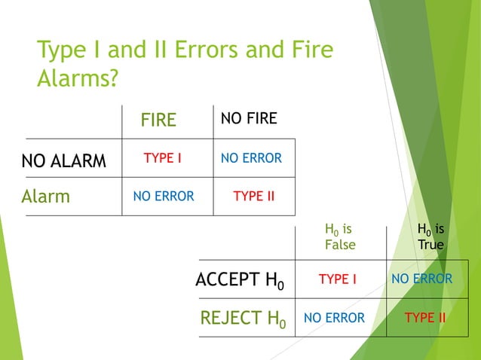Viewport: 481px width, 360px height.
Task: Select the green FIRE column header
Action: point(158,120)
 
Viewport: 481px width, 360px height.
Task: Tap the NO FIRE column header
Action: point(249,118)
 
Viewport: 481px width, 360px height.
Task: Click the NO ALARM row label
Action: point(64,160)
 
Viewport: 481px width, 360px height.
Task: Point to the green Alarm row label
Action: point(46,197)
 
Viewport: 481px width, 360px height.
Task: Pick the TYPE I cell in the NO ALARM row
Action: point(163,159)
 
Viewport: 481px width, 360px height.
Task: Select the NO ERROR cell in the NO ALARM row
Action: point(251,159)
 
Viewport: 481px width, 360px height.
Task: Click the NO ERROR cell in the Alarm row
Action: point(164,197)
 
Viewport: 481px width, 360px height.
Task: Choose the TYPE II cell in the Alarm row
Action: point(253,197)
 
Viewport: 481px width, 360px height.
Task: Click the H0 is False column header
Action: point(339,236)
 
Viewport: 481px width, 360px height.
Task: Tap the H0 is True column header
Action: point(430,236)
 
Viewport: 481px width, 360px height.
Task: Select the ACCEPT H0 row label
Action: point(240,280)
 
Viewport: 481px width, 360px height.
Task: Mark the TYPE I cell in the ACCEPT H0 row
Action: point(338,279)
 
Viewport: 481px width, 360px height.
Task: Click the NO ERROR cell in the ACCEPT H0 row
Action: point(422,279)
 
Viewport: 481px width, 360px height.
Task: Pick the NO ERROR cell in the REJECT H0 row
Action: point(334,318)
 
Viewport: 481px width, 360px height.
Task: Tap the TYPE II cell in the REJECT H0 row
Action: point(425,318)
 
